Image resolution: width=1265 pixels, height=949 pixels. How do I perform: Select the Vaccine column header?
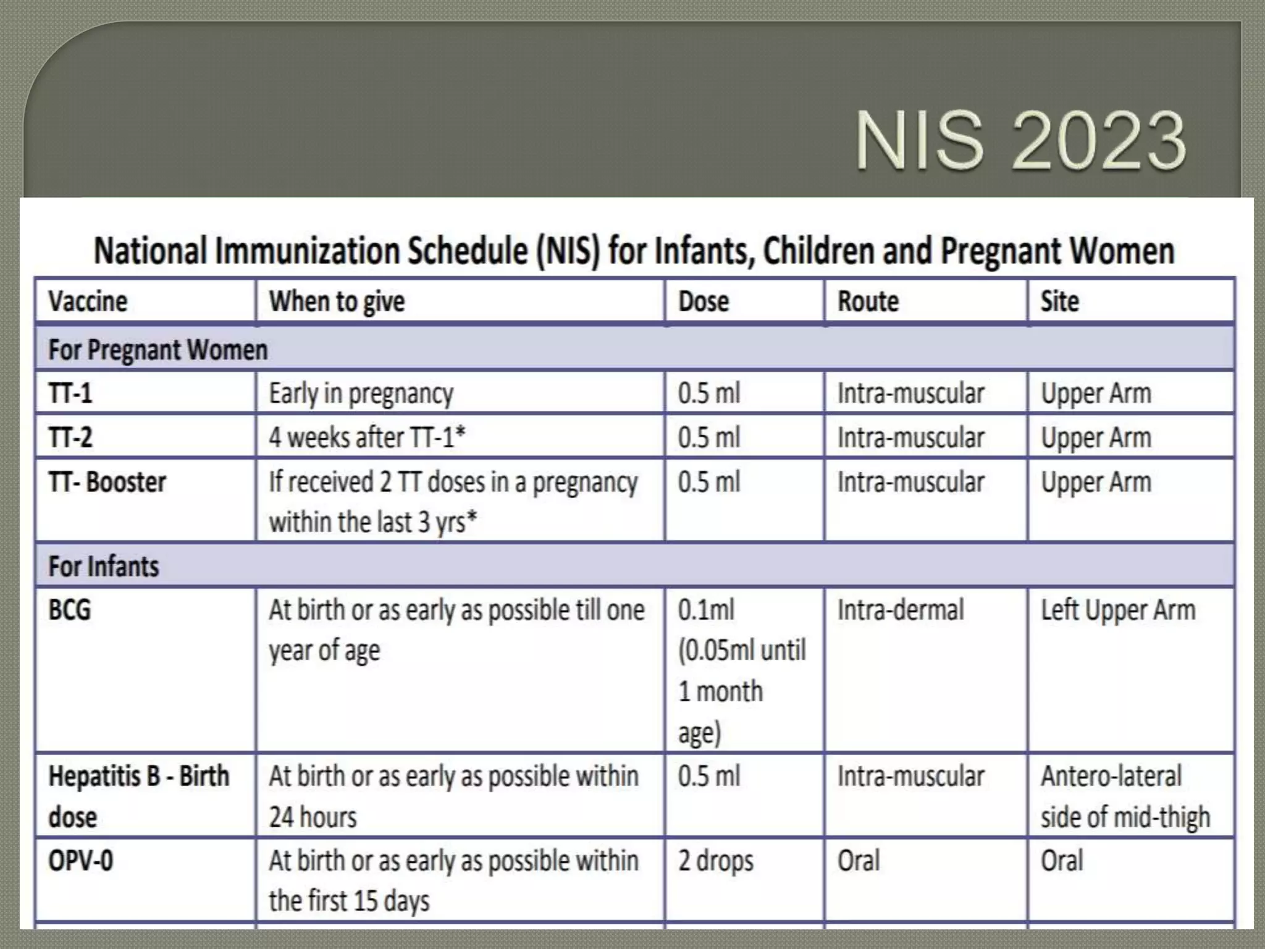88,302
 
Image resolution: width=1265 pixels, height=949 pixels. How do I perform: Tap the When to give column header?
337,302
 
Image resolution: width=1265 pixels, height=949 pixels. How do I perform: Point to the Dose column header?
703,302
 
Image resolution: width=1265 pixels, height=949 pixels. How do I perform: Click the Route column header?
868,302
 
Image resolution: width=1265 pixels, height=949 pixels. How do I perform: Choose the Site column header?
1059,302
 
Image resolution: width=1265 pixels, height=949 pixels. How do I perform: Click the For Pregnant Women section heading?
158,350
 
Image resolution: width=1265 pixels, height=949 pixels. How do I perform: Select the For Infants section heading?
104,566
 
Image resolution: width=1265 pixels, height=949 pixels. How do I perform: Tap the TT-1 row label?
70,394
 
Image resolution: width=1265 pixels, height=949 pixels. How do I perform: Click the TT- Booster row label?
107,483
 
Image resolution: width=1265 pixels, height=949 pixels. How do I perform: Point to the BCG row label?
70,610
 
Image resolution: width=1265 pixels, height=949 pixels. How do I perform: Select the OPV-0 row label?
81,861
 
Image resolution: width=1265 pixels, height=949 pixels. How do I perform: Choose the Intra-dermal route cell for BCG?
900,610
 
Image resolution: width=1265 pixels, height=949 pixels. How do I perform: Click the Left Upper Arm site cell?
1118,610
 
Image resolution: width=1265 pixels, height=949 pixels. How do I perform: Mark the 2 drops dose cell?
715,861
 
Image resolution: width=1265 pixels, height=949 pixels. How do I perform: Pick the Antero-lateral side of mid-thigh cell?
1124,796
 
